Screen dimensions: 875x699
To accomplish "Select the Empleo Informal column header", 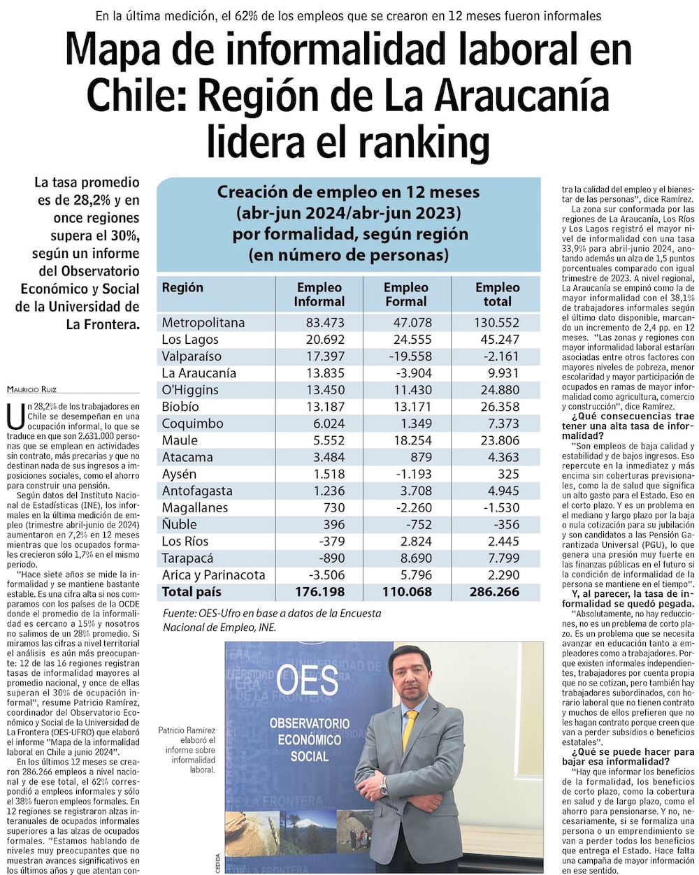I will coord(319,294).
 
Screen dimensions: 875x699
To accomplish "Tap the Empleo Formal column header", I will coord(405,294).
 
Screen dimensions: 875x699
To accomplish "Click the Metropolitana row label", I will coord(203,323).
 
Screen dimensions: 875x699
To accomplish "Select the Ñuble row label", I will coord(180,524).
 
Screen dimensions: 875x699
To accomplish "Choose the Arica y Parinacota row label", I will coord(213,575).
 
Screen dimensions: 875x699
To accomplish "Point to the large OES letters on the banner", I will coord(307,680).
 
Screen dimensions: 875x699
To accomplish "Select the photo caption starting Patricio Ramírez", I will coord(187,750).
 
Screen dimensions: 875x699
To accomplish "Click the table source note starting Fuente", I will coord(271,620).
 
